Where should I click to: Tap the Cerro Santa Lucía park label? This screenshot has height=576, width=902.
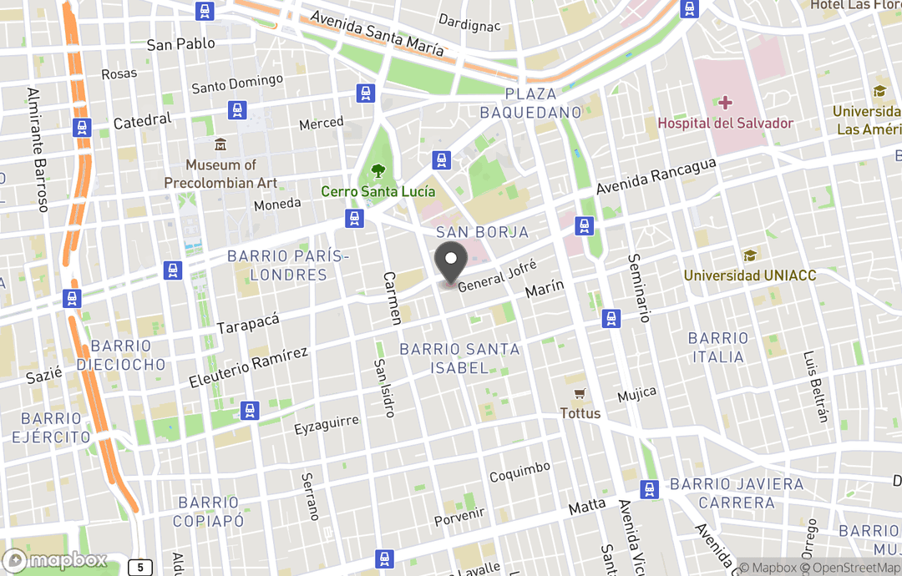pyautogui.click(x=378, y=192)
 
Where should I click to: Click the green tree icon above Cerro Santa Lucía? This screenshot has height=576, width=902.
pyautogui.click(x=378, y=171)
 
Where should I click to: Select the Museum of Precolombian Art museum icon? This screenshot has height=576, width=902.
pyautogui.click(x=220, y=145)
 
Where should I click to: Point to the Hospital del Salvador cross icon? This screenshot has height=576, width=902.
pyautogui.click(x=725, y=104)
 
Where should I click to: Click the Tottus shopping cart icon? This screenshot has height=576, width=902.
pyautogui.click(x=579, y=393)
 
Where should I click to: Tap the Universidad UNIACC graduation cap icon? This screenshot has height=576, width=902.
pyautogui.click(x=749, y=255)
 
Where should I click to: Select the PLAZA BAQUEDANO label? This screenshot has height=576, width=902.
pyautogui.click(x=543, y=103)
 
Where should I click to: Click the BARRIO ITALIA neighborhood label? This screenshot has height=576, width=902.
pyautogui.click(x=717, y=347)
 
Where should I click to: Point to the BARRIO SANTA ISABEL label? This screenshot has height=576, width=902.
pyautogui.click(x=459, y=358)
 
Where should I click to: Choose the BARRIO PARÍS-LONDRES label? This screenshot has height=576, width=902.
pyautogui.click(x=287, y=265)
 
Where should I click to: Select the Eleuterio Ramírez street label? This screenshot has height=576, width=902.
pyautogui.click(x=248, y=366)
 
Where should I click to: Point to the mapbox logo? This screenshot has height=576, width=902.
pyautogui.click(x=55, y=560)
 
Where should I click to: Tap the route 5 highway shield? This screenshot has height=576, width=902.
pyautogui.click(x=139, y=568)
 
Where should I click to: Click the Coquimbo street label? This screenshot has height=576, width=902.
pyautogui.click(x=519, y=472)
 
